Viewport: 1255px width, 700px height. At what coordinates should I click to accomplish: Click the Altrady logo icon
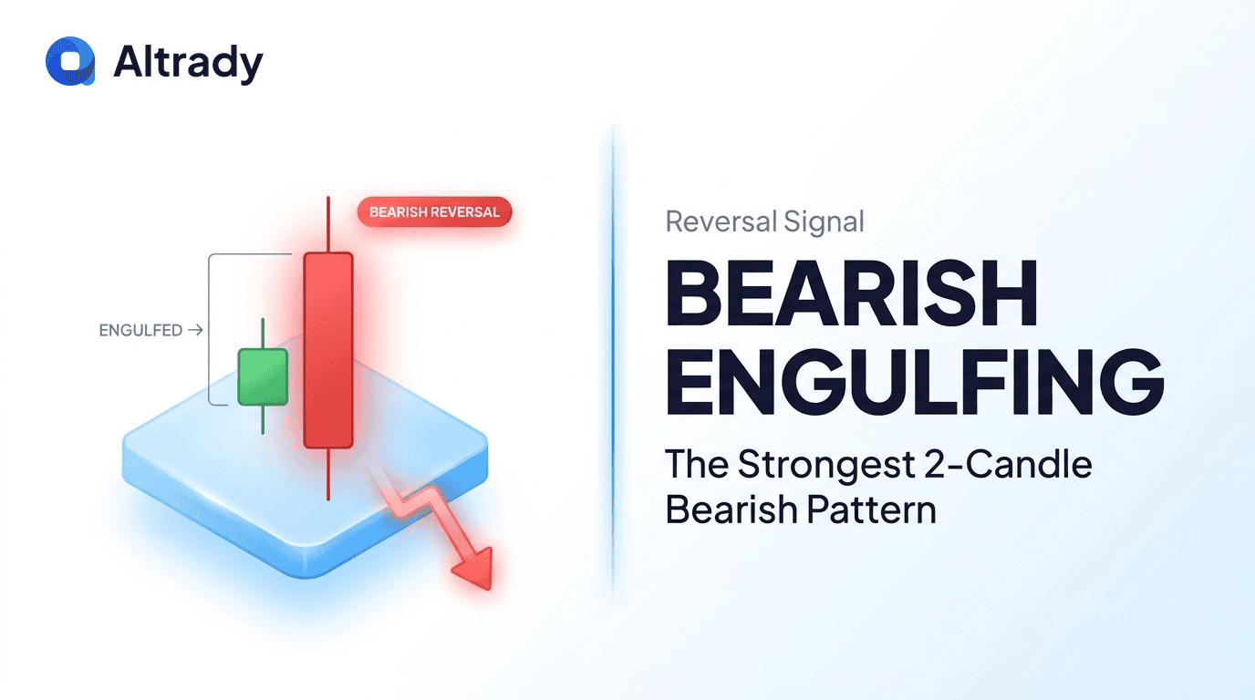point(70,62)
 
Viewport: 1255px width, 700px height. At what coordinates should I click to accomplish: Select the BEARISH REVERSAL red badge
point(434,212)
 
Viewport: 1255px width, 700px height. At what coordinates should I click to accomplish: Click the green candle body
point(263,376)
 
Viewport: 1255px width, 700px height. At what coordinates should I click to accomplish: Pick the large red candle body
point(327,351)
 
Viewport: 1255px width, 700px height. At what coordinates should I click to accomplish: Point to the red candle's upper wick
point(327,224)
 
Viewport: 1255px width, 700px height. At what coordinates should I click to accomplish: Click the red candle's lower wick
point(327,474)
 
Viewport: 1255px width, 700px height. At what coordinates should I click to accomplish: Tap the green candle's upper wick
point(263,333)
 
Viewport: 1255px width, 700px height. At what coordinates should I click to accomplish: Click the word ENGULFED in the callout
point(140,331)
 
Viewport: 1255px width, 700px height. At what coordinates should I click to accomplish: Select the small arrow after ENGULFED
point(194,331)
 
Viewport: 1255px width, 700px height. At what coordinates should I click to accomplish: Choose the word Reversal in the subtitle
point(721,221)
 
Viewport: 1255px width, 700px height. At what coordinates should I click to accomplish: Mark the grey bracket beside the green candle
point(211,328)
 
